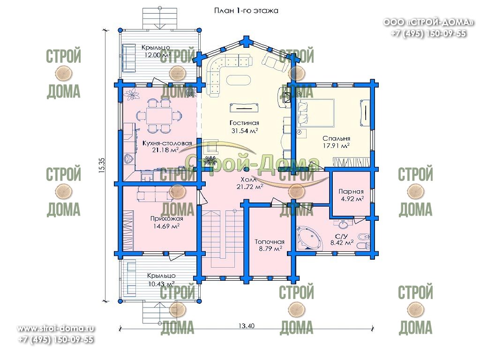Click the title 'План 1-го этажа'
point(246,11)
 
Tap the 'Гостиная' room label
point(244,123)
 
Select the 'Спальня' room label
point(336,138)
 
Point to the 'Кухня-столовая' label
point(167,143)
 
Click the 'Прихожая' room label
point(166,218)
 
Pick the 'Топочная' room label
point(270,241)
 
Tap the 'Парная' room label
point(351,192)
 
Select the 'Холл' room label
point(248,180)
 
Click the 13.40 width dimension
point(247,326)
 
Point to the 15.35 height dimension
point(102,165)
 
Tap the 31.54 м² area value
point(245,131)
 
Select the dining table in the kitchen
point(159,115)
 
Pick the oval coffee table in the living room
point(239,81)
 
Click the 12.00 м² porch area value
point(157,55)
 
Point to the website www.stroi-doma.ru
point(56,329)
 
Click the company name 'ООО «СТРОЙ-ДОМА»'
point(428,22)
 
